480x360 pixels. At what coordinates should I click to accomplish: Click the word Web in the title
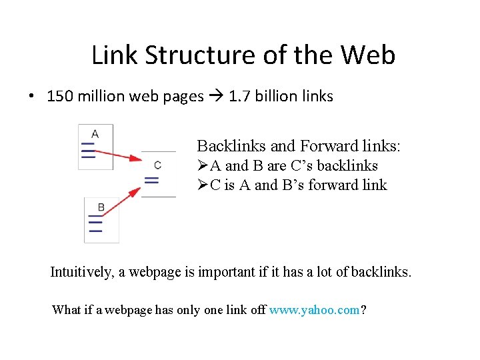368,55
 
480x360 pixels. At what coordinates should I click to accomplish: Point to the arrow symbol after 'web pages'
216,96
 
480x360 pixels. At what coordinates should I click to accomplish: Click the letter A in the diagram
95,133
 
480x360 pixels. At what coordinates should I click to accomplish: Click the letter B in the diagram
101,207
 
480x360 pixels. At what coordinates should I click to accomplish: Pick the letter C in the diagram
157,165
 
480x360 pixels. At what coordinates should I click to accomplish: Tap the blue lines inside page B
95,224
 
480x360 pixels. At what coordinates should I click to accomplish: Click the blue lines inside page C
152,179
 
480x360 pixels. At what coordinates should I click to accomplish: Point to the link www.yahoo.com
314,309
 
